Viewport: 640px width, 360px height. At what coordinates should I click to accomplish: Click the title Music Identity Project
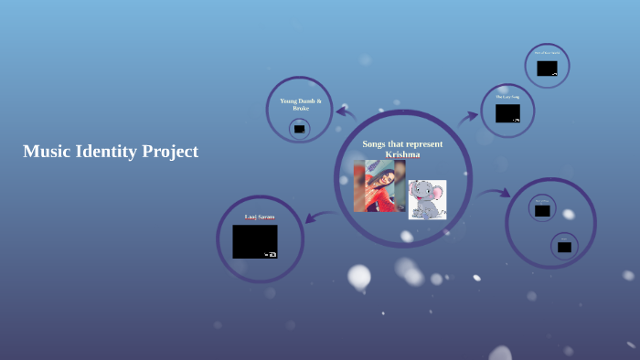(x=110, y=152)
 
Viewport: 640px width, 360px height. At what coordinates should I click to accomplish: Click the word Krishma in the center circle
(x=402, y=154)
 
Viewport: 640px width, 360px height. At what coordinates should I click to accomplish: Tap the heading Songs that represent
(x=402, y=144)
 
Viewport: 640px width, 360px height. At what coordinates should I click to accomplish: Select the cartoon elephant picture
(x=427, y=199)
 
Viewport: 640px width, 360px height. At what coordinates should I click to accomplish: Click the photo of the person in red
(x=379, y=186)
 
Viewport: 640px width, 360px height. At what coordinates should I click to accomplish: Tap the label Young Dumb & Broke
(x=300, y=104)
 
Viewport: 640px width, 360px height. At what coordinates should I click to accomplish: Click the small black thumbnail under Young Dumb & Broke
(x=299, y=129)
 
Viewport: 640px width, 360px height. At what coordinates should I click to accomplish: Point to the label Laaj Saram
(x=259, y=217)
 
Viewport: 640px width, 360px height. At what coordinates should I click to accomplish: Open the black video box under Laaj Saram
(x=254, y=241)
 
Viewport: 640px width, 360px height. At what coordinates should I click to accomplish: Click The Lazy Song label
(x=507, y=97)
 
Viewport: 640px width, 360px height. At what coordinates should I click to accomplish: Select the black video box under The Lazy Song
(x=507, y=113)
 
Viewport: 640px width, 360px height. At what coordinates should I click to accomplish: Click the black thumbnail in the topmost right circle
(x=547, y=69)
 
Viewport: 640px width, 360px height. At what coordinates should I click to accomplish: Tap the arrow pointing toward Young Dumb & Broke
(x=346, y=112)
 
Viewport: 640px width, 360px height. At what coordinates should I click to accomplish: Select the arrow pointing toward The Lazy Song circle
(x=468, y=117)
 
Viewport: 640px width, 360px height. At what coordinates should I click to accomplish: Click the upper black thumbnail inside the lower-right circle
(x=542, y=211)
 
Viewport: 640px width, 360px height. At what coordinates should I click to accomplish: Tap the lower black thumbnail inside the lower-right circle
(x=564, y=247)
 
